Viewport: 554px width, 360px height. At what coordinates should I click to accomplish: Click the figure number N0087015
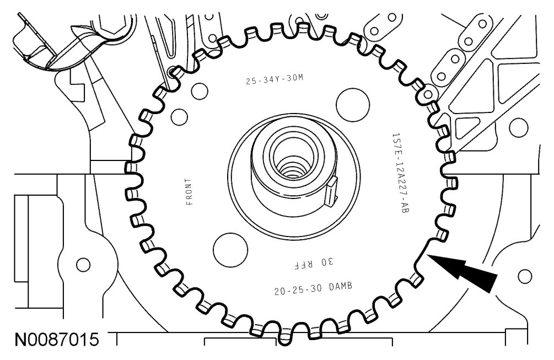[57, 340]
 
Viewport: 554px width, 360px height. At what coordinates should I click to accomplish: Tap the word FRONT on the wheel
[190, 192]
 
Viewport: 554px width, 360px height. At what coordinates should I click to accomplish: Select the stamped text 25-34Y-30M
[275, 79]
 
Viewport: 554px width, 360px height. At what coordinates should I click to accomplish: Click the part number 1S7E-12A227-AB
[400, 173]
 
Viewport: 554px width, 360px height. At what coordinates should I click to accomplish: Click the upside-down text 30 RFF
[314, 264]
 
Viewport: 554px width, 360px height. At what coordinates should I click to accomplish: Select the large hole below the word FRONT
[230, 249]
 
